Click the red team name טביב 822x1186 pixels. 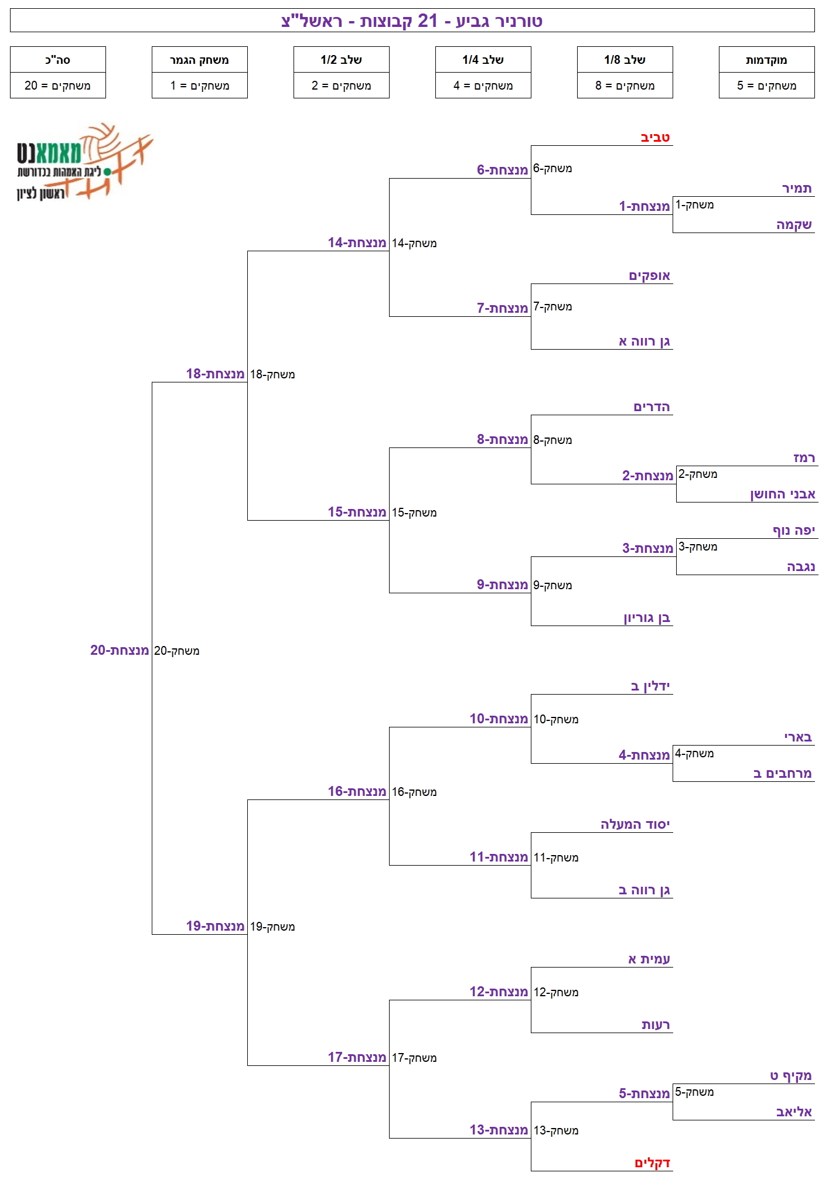point(655,138)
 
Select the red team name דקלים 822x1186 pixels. point(652,1163)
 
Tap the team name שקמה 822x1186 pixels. point(794,225)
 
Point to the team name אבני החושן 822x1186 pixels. point(783,494)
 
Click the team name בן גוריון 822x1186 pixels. point(647,618)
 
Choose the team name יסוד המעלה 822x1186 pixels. point(635,825)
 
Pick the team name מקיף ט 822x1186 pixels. point(791,1076)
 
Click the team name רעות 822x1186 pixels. point(656,1025)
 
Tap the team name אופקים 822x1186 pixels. point(649,276)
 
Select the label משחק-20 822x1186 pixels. point(176,651)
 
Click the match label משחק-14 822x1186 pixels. point(414,243)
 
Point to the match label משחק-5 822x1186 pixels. point(694,1092)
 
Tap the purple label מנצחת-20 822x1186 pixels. point(120,650)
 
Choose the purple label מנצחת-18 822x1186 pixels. point(215,374)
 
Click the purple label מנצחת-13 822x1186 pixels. point(499,1130)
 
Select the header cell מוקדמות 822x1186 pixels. point(766,60)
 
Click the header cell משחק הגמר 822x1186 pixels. point(199,60)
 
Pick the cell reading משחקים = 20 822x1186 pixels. point(58,86)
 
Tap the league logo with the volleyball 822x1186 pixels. point(84,162)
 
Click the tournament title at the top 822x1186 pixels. point(412,21)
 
